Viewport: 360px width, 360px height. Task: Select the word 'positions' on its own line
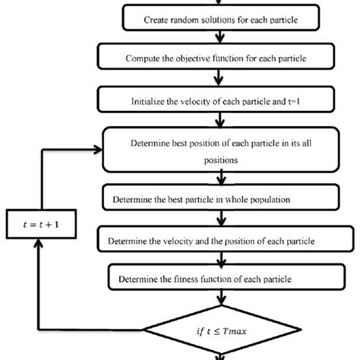coord(219,162)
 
